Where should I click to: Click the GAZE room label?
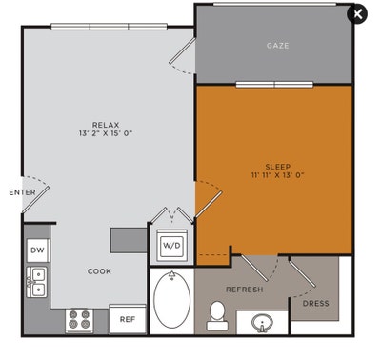[x=277, y=45]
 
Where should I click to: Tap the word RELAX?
[x=105, y=125]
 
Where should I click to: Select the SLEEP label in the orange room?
[x=278, y=166]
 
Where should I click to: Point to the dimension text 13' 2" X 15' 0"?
[x=106, y=134]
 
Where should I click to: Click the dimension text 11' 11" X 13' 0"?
[x=278, y=176]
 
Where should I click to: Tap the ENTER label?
[x=22, y=192]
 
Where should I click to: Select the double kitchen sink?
[x=37, y=283]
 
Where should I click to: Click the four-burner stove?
[x=79, y=319]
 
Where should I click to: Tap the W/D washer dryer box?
[x=172, y=245]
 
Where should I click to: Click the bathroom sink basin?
[x=262, y=324]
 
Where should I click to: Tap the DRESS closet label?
[x=315, y=304]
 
